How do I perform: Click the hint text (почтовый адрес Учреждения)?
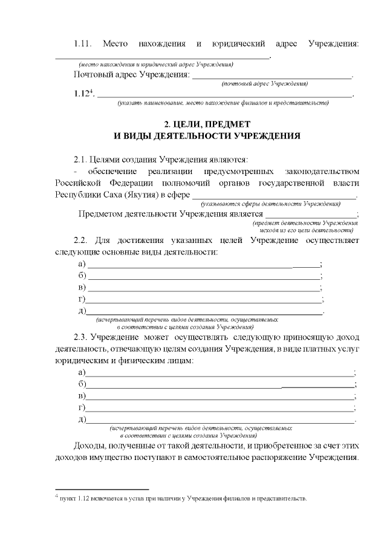(265, 83)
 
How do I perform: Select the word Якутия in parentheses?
(141, 195)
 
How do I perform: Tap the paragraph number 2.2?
(82, 241)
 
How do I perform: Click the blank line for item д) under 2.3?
(220, 421)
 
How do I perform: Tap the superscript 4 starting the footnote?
(56, 496)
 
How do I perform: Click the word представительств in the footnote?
(278, 499)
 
